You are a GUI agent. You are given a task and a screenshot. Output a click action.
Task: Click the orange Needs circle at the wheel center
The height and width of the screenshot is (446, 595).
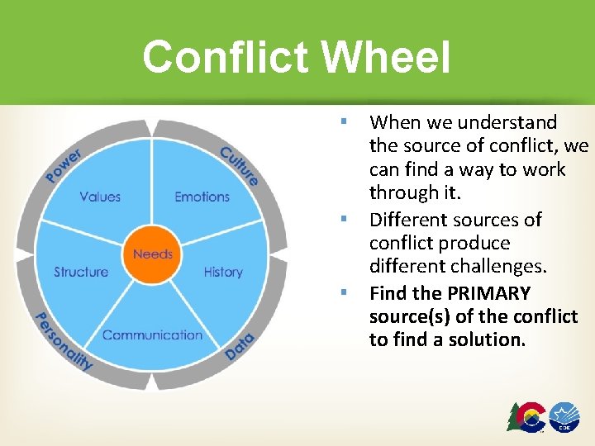coord(152,254)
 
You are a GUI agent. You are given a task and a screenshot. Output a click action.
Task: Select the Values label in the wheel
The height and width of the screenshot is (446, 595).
coord(100,197)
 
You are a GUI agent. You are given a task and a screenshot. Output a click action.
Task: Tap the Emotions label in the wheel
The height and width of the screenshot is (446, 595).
coord(202,197)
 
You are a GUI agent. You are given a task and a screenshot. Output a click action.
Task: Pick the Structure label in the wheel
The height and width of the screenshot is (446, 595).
coord(81,272)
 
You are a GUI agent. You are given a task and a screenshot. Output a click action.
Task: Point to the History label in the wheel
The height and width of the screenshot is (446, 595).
coord(223,272)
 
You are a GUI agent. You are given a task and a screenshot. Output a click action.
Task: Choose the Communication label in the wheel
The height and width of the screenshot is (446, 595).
coord(152,334)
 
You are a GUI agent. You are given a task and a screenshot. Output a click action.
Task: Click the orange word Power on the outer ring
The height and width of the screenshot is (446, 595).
coord(64,165)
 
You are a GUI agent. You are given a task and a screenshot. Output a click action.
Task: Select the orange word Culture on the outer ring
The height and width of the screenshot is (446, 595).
coord(240,165)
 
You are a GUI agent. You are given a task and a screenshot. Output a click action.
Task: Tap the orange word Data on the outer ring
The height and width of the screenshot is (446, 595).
coord(240,342)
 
